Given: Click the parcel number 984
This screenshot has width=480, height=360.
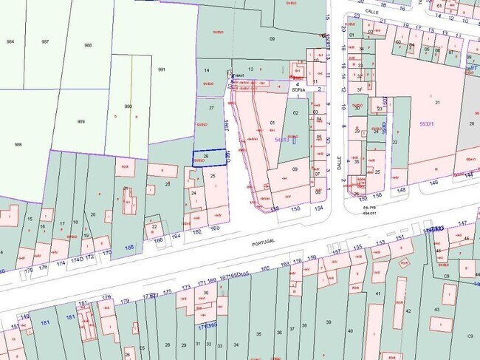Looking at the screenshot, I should tap(10, 41).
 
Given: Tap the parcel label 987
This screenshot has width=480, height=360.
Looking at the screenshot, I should tap(46, 41).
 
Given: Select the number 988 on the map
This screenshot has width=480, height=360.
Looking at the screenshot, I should tap(89, 46).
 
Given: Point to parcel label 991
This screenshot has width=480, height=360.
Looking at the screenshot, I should tap(161, 69).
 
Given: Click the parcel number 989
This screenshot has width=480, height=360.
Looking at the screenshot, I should tap(81, 121).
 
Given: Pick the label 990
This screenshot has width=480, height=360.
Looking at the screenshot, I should tap(128, 106).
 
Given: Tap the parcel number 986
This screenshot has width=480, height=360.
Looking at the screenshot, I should tap(18, 145).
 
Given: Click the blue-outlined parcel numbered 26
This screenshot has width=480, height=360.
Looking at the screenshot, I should tap(207, 156).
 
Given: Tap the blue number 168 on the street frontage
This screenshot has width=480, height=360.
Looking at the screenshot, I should tap(129, 248).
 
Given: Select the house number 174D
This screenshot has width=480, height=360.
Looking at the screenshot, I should tap(76, 260).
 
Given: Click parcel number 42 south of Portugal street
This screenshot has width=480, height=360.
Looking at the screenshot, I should tap(408, 310).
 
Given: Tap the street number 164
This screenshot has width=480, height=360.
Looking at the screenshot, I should tap(176, 236).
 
